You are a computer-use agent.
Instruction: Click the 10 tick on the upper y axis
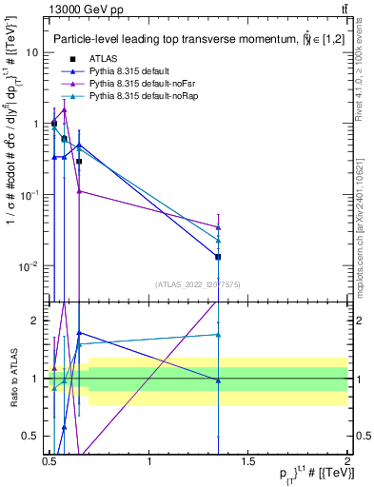(x=33, y=52)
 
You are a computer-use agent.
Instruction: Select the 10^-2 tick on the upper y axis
(x=31, y=265)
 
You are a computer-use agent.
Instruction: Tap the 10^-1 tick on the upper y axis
(x=31, y=194)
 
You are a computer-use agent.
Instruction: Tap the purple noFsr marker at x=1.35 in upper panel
(x=219, y=227)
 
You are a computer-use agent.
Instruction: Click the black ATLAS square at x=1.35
(x=219, y=257)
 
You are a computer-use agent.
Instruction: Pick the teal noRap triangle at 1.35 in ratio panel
(x=219, y=335)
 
